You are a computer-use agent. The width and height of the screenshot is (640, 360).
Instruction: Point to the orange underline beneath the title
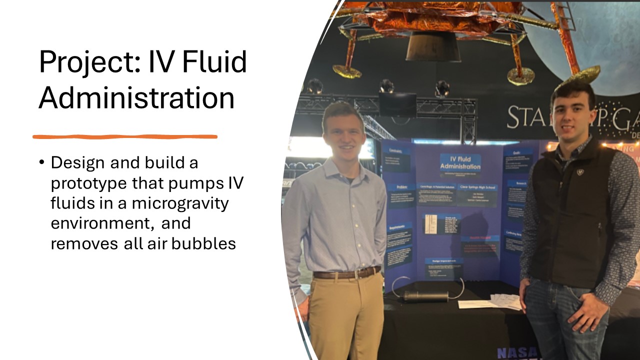coord(125,136)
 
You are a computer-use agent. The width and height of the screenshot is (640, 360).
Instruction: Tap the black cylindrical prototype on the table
coord(426,296)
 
